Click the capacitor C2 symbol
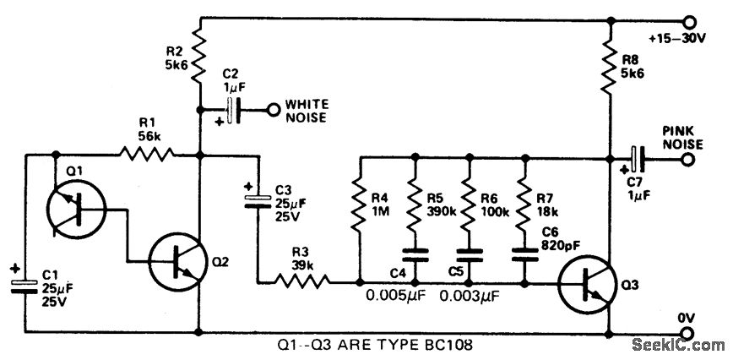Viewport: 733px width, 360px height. [x=232, y=109]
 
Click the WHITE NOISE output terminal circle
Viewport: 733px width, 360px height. [x=273, y=109]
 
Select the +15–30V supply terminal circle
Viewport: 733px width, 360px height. [x=690, y=20]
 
